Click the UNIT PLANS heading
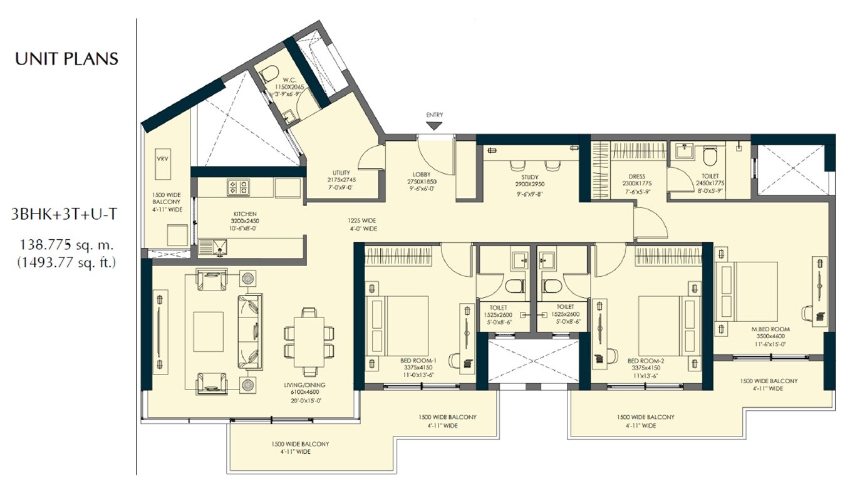(x=66, y=59)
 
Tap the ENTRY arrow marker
(x=434, y=125)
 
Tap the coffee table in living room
(x=208, y=331)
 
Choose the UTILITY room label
(x=341, y=173)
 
